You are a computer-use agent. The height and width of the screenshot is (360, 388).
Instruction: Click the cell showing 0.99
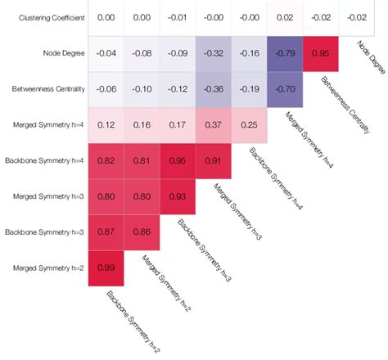(106, 268)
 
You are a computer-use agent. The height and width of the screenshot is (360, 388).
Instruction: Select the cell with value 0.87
(106, 232)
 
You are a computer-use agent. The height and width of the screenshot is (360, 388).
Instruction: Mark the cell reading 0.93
(178, 196)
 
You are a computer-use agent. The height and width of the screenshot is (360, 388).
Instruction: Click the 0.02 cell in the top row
(286, 17)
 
